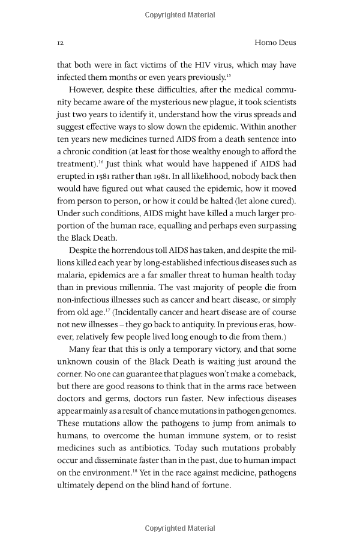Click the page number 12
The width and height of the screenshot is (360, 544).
pyautogui.click(x=61, y=43)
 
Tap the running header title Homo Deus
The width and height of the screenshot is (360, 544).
pyautogui.click(x=275, y=43)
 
